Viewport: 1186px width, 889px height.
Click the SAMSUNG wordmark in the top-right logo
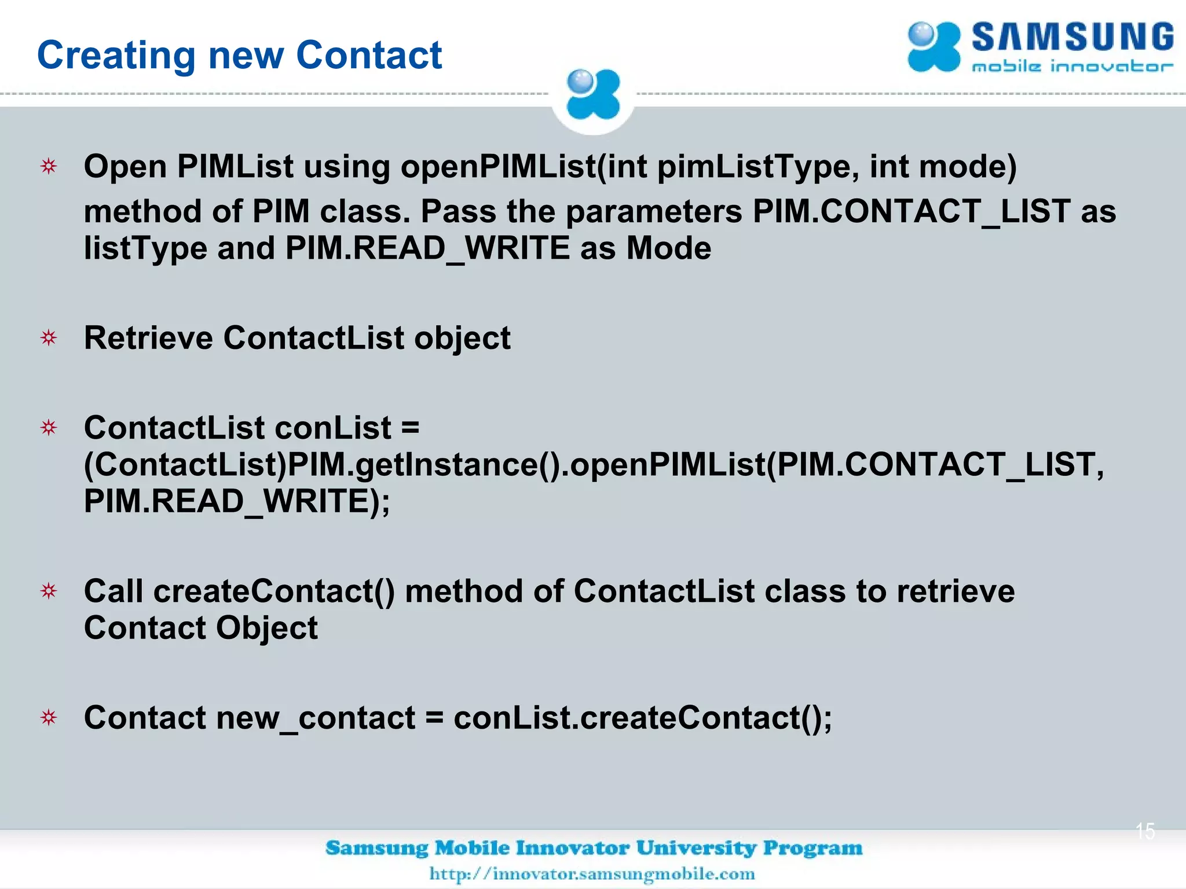[1072, 38]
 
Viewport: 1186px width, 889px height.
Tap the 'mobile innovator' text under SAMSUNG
[1072, 67]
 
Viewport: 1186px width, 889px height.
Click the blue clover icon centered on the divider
[592, 95]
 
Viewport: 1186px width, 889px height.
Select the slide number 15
[1145, 831]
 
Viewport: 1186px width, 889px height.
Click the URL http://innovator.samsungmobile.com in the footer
[592, 873]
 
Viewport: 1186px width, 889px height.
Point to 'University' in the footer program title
[697, 848]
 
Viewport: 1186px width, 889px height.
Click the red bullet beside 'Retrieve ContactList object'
[49, 338]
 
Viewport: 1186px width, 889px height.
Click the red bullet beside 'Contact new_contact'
[49, 718]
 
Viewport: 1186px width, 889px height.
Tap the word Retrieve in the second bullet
[148, 338]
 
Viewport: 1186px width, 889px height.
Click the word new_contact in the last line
[316, 718]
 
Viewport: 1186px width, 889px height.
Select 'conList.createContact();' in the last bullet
[643, 718]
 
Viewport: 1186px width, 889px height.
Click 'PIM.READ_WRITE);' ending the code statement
[237, 501]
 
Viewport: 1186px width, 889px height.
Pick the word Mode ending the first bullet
[669, 248]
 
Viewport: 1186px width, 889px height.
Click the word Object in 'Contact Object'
[267, 629]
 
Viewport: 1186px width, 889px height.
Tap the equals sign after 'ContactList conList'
[410, 428]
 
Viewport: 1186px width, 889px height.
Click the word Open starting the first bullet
[125, 167]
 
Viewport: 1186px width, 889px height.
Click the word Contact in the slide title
[369, 56]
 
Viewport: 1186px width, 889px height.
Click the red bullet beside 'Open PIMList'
[49, 167]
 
